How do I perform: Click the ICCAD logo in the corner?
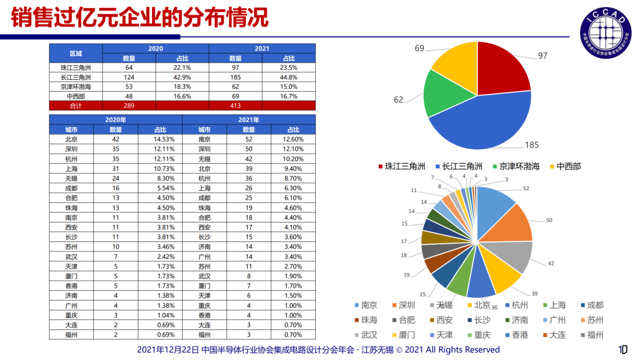pos(605,33)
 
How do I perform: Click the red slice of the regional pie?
pos(501,69)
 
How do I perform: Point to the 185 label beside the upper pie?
pos(532,145)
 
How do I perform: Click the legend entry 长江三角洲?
pos(459,166)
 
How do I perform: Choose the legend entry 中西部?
pos(565,166)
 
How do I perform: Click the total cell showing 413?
pos(235,106)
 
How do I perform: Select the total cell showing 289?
pos(129,106)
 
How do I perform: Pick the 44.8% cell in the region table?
pos(289,78)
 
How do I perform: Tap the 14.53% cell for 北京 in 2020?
pos(164,139)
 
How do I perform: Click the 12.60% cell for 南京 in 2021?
pos(293,139)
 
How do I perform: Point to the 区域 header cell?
pos(76,53)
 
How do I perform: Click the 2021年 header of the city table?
pos(249,120)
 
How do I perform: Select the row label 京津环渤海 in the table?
pos(76,86)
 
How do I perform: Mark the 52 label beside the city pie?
pos(525,189)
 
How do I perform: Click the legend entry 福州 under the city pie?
pos(592,335)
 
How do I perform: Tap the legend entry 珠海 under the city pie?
pos(366,320)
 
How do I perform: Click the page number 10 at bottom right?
pos(623,349)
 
